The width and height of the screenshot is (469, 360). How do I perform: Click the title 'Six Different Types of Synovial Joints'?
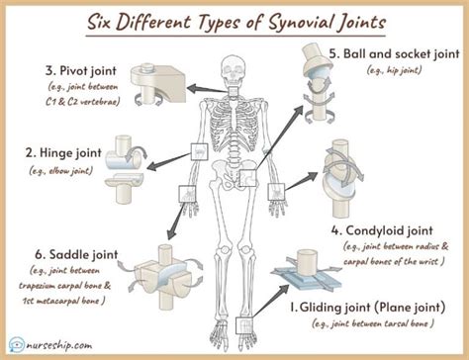coord(234,20)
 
